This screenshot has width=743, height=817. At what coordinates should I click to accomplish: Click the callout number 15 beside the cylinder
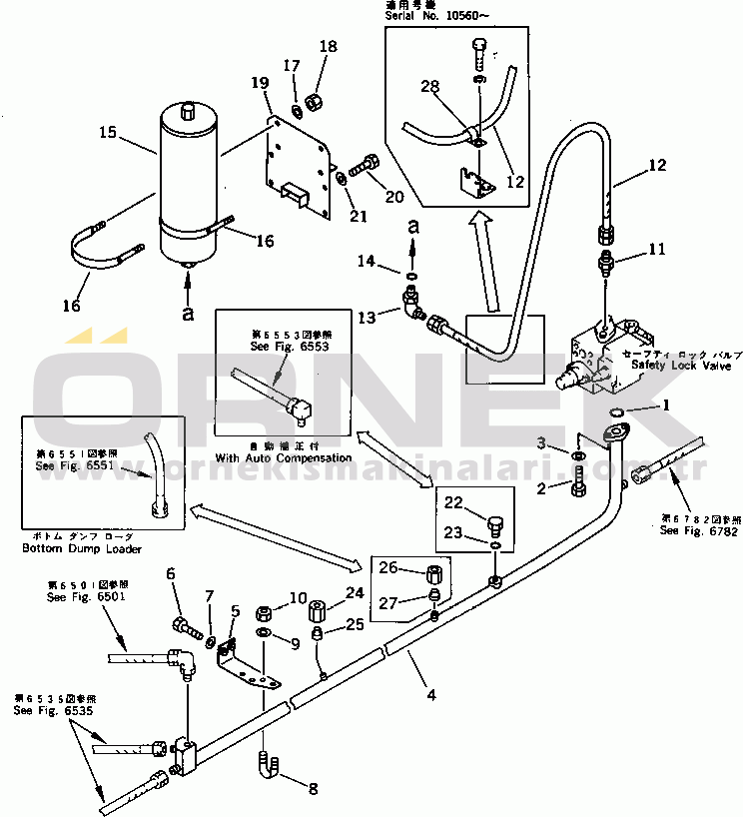107,131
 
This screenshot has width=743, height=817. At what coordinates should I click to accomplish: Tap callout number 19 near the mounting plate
259,82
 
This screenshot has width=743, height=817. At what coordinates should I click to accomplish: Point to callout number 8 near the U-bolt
313,789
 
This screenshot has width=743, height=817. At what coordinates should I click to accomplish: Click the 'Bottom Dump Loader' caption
82,548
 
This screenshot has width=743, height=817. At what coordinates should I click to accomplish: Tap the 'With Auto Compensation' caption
284,457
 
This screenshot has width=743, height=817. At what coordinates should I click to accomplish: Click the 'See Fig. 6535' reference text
47,710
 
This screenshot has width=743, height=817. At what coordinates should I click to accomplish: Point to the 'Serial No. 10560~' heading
432,18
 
